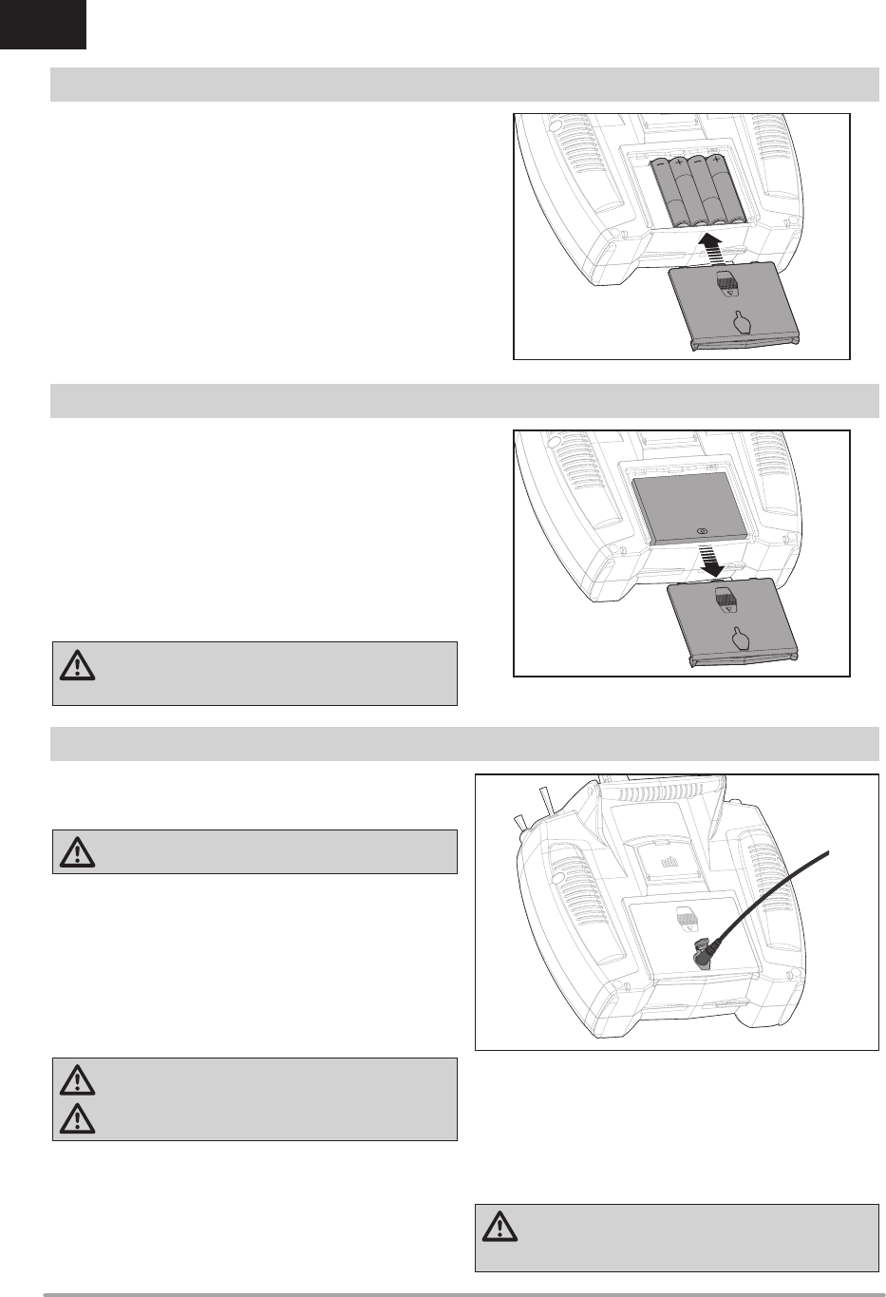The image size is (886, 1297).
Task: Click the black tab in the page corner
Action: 43,24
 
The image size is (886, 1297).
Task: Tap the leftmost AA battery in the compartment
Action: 661,190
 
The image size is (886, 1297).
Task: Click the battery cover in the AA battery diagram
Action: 733,309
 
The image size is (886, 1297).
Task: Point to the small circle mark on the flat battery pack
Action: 703,532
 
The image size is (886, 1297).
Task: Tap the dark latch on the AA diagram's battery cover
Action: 727,284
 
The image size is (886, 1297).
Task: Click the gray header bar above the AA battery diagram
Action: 464,85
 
